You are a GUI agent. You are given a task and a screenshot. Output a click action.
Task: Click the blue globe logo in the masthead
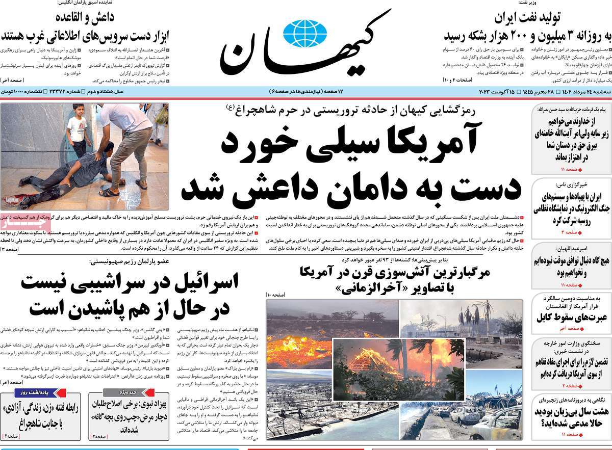point(305,33)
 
